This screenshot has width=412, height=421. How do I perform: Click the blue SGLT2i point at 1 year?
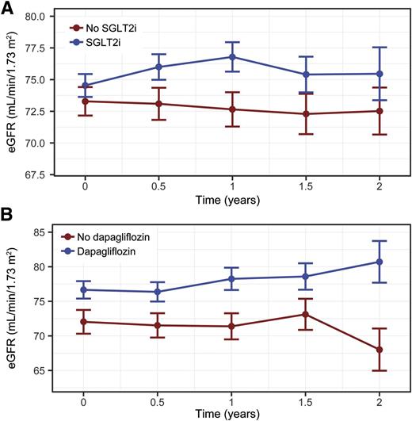[232, 57]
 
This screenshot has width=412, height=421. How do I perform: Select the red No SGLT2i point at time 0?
[85, 101]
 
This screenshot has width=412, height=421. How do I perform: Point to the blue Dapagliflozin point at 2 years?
[380, 262]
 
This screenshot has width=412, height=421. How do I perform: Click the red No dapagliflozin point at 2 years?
[380, 350]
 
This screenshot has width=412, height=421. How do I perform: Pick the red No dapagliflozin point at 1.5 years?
[306, 314]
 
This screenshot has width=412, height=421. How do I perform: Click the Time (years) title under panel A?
[232, 201]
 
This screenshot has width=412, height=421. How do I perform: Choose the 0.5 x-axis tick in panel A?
[158, 187]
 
